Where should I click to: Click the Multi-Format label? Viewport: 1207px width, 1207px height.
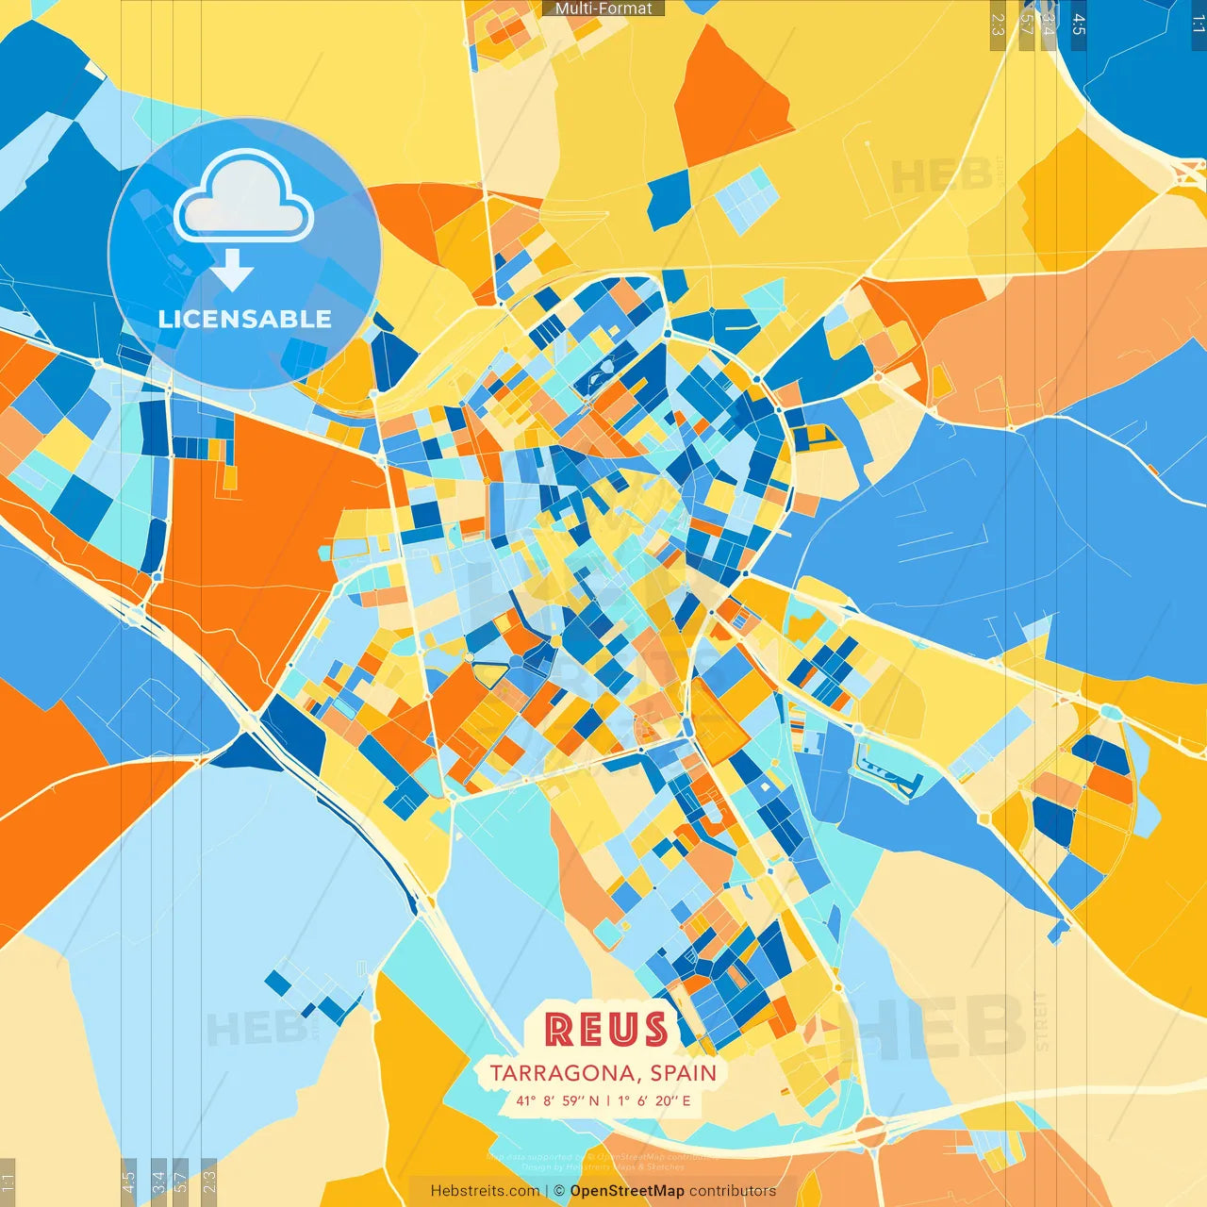603,8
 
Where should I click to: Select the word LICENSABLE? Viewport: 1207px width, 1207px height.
245,320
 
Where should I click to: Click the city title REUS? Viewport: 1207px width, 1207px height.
606,1030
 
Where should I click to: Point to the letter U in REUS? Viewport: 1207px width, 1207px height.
623,1030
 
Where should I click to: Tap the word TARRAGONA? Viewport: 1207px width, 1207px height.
562,1073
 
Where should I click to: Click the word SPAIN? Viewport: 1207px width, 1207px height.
683,1073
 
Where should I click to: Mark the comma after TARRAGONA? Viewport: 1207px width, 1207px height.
639,1079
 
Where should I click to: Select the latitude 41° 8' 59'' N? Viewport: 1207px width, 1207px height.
557,1100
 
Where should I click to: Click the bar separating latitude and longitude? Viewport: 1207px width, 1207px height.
608,1100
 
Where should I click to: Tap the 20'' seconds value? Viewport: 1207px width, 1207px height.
668,1100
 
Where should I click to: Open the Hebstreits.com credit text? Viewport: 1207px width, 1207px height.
485,1191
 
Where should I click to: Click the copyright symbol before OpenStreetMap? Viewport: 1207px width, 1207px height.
559,1191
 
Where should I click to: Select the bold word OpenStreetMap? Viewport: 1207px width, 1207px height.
627,1191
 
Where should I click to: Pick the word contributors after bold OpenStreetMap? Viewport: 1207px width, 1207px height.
733,1191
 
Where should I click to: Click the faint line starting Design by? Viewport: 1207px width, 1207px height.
603,1167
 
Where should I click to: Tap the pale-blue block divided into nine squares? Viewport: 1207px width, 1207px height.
748,198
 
